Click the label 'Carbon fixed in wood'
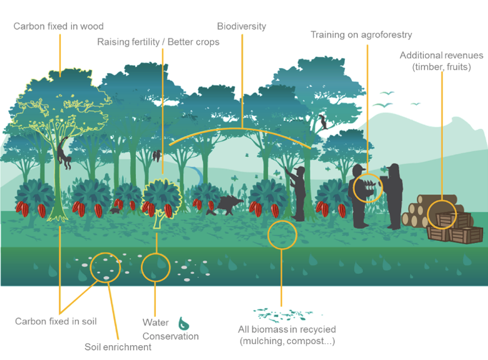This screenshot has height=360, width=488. tap(58, 26)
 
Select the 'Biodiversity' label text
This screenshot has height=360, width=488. tap(241, 26)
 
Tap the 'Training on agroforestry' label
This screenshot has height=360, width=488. tap(361, 35)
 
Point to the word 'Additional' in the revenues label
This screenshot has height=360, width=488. tap(421, 56)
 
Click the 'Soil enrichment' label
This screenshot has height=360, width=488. tap(118, 347)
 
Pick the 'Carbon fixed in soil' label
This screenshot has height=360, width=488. tap(56, 321)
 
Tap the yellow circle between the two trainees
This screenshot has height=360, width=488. tap(366, 187)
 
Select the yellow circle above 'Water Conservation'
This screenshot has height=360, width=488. tap(155, 267)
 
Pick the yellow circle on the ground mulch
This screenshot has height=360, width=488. tap(282, 234)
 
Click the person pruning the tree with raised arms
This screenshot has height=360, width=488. tap(297, 192)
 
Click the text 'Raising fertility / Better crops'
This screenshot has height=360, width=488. tap(158, 42)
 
